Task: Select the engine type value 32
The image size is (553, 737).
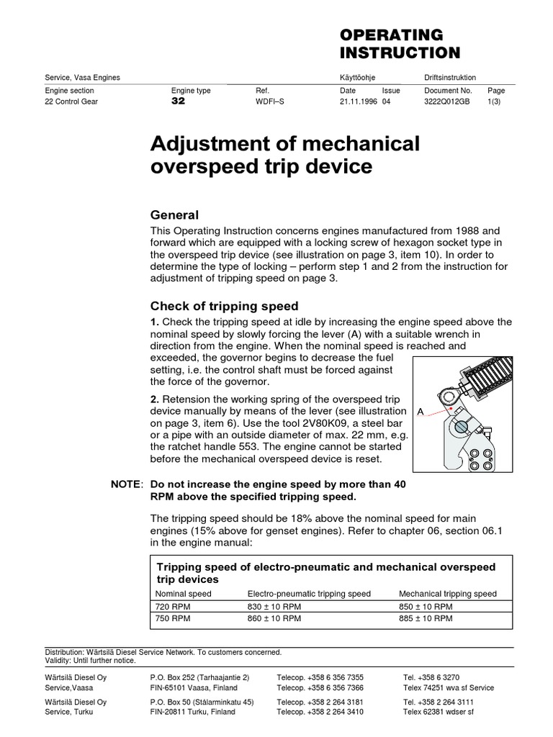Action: (x=178, y=101)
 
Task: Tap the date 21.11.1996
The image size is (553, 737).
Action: (x=357, y=101)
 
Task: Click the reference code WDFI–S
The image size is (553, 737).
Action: (x=270, y=101)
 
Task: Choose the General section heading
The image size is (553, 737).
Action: (x=174, y=215)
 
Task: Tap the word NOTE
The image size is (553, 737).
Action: (x=125, y=485)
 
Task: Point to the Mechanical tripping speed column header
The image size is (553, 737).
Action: (x=447, y=594)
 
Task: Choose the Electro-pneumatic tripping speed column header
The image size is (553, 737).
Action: (x=309, y=594)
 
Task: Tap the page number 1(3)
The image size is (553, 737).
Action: (x=497, y=101)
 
